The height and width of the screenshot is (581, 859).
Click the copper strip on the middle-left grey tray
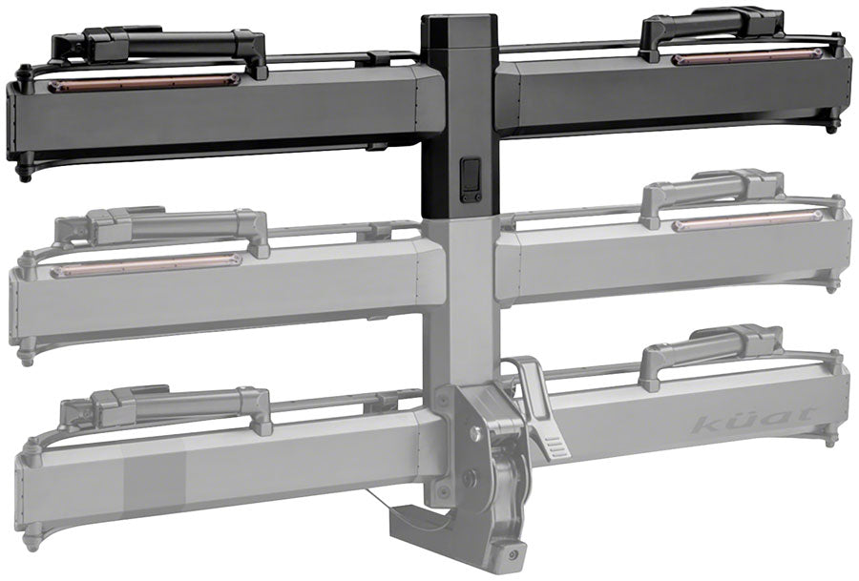(146, 267)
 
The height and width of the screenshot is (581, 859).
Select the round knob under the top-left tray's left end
(25, 176)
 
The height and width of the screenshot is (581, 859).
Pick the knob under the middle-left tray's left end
(26, 360)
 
